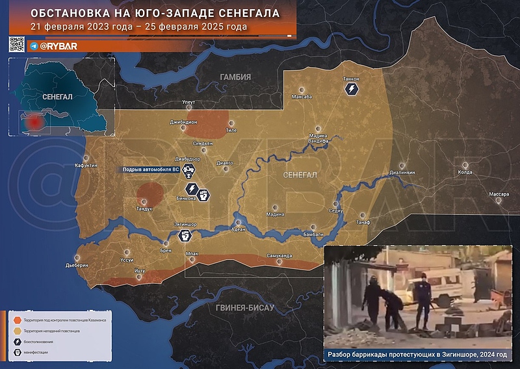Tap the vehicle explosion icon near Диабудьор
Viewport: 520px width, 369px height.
point(188,171)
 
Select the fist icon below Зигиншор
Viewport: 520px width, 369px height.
point(185,236)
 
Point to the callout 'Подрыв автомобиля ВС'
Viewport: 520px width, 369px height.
point(151,170)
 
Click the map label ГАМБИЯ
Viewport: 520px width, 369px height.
point(235,77)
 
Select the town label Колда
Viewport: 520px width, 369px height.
point(465,172)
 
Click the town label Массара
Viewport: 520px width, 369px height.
point(499,194)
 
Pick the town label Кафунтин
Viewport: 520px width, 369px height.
point(86,166)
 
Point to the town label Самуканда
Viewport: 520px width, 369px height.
point(279,255)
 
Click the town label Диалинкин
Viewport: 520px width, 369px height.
point(402,173)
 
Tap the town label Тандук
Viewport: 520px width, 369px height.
point(144,209)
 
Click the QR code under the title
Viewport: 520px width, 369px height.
point(17,44)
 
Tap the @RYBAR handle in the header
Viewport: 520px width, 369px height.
point(58,46)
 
